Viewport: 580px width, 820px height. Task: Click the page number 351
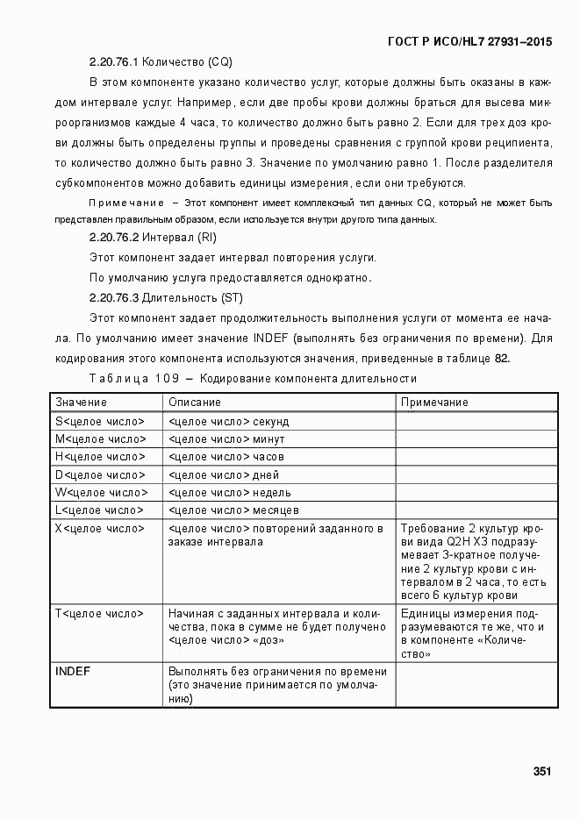[541, 772]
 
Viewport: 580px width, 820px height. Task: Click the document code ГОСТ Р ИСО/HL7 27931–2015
[469, 42]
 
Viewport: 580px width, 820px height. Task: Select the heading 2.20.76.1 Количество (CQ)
[161, 62]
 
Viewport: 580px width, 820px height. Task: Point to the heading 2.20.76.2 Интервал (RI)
[153, 238]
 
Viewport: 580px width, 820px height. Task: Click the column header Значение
[82, 402]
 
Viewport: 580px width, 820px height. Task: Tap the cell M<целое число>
[102, 439]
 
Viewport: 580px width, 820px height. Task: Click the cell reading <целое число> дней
[224, 474]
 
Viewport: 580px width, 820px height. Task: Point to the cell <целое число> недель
[229, 492]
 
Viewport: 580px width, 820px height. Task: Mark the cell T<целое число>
[100, 613]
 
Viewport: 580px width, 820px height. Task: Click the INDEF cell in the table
[73, 671]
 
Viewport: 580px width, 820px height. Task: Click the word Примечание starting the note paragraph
[127, 203]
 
